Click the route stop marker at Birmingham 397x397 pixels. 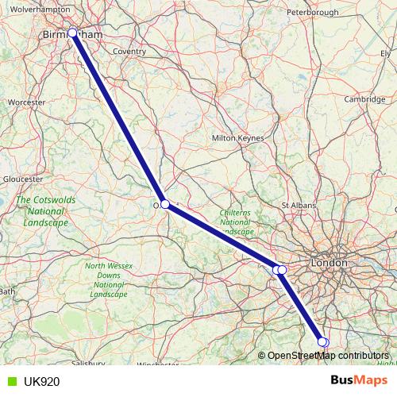pyautogui.click(x=72, y=33)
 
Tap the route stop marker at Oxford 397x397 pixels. pyautogui.click(x=165, y=204)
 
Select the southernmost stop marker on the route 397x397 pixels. pyautogui.click(x=322, y=342)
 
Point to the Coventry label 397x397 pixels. pyautogui.click(x=129, y=52)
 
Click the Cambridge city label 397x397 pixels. pyautogui.click(x=365, y=99)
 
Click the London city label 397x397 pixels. pyautogui.click(x=330, y=262)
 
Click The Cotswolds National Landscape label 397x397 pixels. pyautogui.click(x=46, y=211)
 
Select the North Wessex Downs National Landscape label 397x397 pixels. pyautogui.click(x=109, y=279)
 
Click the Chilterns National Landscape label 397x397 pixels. pyautogui.click(x=236, y=222)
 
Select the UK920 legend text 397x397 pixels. pyautogui.click(x=40, y=381)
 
